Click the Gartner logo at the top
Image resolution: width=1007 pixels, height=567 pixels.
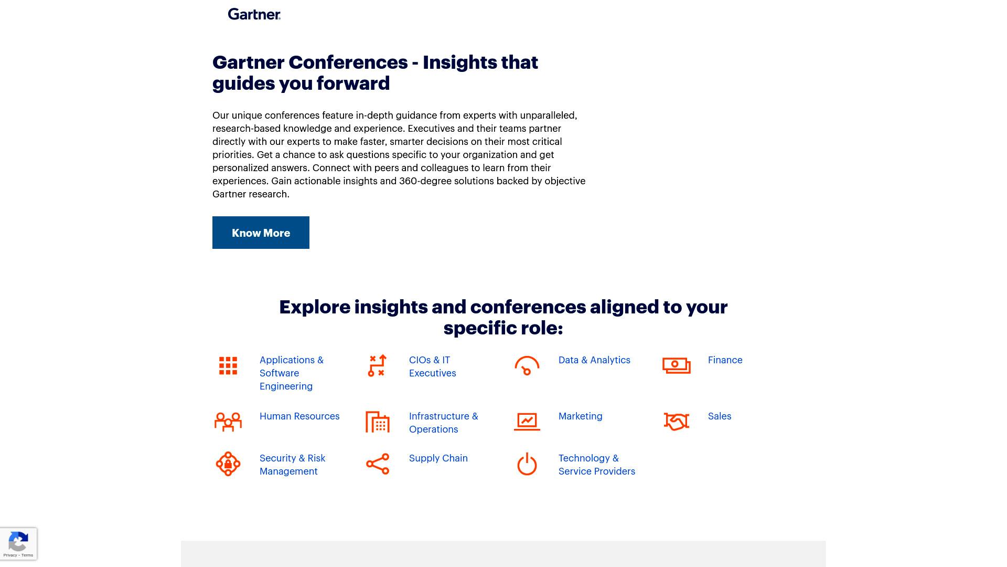pyautogui.click(x=254, y=14)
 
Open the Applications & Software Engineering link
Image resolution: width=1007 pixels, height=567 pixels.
pyautogui.click(x=292, y=373)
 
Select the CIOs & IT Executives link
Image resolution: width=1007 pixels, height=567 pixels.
pyautogui.click(x=433, y=366)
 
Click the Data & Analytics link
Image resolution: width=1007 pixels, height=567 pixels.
pyautogui.click(x=594, y=360)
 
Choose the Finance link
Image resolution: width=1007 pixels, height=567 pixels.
pyautogui.click(x=725, y=360)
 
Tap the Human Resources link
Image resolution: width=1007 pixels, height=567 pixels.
pyautogui.click(x=299, y=416)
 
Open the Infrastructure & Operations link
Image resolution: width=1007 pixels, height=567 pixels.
pyautogui.click(x=444, y=423)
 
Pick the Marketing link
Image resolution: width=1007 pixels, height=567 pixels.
pyautogui.click(x=581, y=416)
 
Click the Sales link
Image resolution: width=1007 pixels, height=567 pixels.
pyautogui.click(x=720, y=416)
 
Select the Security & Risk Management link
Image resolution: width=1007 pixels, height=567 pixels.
pyautogui.click(x=293, y=465)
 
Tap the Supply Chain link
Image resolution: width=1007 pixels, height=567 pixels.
pyautogui.click(x=438, y=458)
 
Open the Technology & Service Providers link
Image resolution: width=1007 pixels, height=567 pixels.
pyautogui.click(x=597, y=465)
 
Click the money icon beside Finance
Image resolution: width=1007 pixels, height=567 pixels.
pyautogui.click(x=677, y=365)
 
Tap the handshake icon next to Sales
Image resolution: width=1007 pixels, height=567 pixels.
pyautogui.click(x=677, y=421)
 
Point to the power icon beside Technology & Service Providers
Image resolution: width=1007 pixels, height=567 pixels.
pyautogui.click(x=527, y=464)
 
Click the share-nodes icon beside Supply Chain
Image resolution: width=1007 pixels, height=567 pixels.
pyautogui.click(x=378, y=464)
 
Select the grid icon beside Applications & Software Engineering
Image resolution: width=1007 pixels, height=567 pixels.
pyautogui.click(x=228, y=366)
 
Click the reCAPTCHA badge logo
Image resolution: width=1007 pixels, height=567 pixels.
pyautogui.click(x=18, y=541)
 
